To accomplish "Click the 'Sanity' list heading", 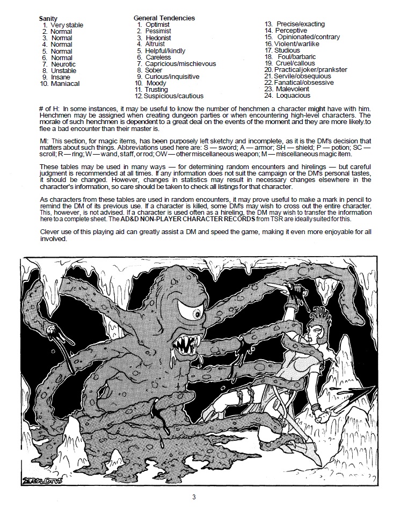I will (x=48, y=18).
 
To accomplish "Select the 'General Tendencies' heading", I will (x=164, y=18).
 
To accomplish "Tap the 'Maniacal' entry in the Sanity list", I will (x=65, y=84).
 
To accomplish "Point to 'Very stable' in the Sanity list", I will (x=67, y=25).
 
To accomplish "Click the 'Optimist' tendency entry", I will (x=157, y=25).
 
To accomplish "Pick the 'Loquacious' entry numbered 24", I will (x=293, y=96).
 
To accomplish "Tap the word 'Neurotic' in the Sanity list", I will (x=63, y=64).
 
